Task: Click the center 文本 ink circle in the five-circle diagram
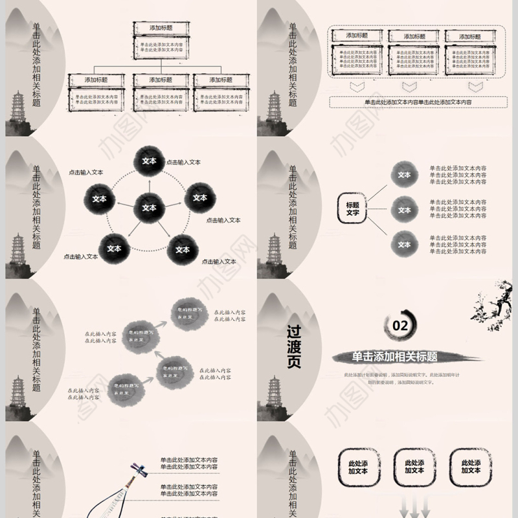pos(149,208)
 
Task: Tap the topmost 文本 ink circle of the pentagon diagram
pos(149,161)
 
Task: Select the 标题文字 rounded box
pos(352,208)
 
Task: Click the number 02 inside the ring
pos(401,325)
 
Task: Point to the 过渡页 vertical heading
pos(294,346)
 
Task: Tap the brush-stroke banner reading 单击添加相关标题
pos(395,357)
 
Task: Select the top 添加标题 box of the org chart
pos(161,28)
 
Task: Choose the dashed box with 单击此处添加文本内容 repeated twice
pos(417,102)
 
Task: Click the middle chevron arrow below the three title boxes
pos(409,86)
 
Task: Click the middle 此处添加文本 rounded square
pos(414,467)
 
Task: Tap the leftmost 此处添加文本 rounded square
pos(357,467)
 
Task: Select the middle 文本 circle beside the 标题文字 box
pos(404,210)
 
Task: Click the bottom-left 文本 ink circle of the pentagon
pos(114,248)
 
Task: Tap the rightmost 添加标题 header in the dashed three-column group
pos(475,36)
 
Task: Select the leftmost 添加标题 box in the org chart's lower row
pos(96,80)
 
